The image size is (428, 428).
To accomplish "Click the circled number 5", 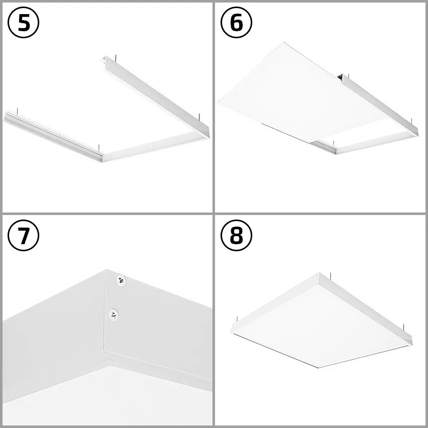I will coord(24,24).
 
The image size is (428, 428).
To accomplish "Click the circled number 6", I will coord(237,24).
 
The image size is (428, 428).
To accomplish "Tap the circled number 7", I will coord(24,236).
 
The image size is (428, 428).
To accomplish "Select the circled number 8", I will coord(237,236).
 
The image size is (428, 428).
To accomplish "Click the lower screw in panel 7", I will coord(114,315).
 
